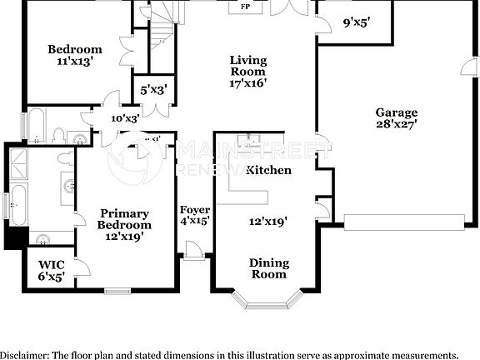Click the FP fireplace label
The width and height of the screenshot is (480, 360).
(x=245, y=7)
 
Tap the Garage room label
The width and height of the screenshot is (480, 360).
(x=396, y=112)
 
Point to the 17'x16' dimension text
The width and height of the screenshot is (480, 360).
(x=248, y=84)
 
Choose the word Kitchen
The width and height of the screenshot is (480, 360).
(x=268, y=170)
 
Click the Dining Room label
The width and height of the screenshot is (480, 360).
(x=269, y=268)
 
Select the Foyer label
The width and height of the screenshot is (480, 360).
(x=194, y=209)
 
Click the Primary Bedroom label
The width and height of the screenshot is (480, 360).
(x=124, y=219)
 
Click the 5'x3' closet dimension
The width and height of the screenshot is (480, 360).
(x=154, y=89)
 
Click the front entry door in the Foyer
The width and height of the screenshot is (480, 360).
(x=192, y=249)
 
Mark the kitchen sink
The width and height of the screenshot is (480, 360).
(x=247, y=140)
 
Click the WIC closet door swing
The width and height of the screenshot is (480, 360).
(x=83, y=268)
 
